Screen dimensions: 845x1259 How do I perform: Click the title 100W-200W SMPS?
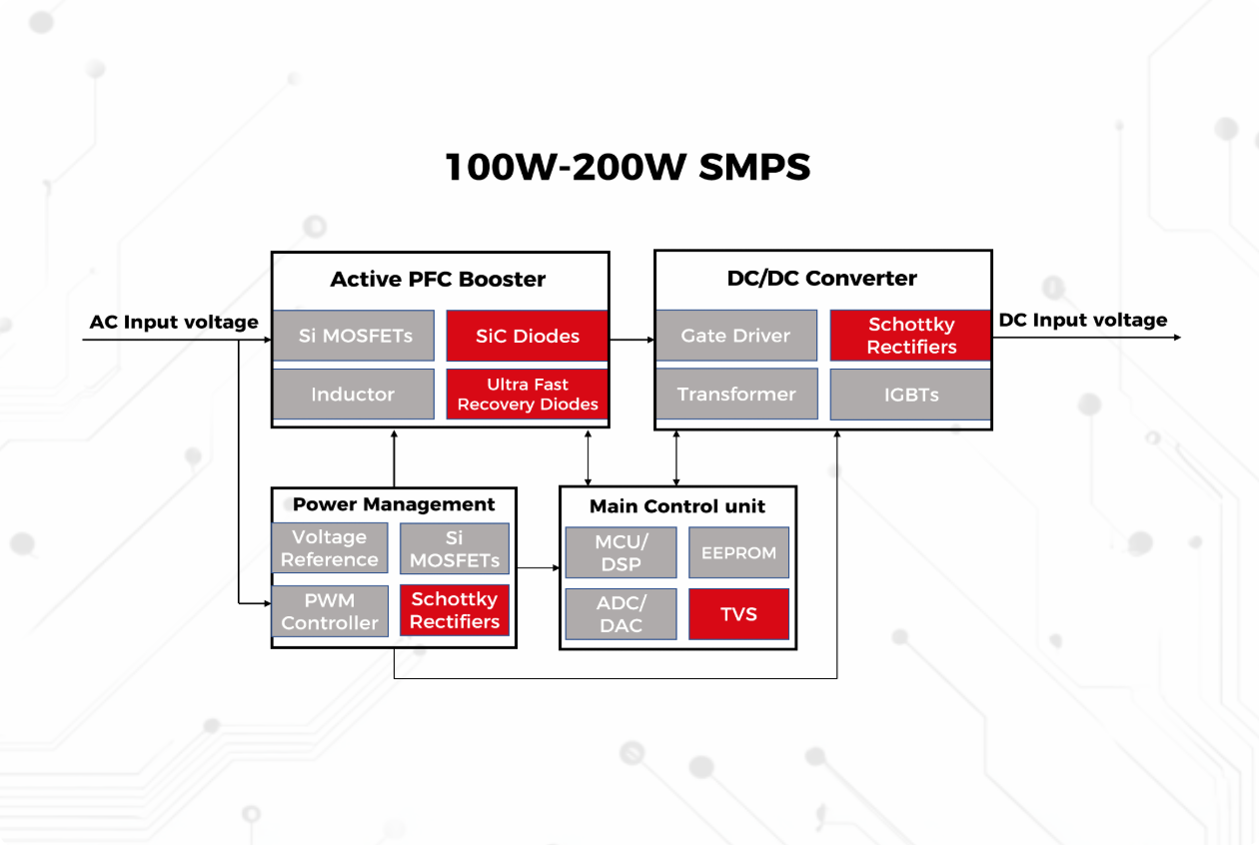[x=628, y=167]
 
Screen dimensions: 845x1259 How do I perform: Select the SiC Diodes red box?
[x=527, y=336]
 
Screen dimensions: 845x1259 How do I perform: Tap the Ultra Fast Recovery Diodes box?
[x=527, y=395]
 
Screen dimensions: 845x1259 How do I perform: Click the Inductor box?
[x=353, y=395]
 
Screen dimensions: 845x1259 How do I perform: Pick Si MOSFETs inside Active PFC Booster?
[x=353, y=336]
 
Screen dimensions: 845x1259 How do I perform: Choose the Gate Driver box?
[x=735, y=336]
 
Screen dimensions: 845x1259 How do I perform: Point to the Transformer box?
[x=735, y=395]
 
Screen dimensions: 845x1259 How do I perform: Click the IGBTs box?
[x=910, y=395]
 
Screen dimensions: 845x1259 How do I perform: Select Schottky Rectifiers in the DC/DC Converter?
[x=910, y=336]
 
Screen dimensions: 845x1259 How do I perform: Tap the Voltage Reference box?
[x=330, y=548]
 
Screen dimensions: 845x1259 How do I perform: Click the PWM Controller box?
[x=330, y=610]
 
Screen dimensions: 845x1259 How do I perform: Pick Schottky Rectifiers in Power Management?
[x=455, y=610]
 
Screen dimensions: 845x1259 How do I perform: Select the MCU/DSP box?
[x=620, y=553]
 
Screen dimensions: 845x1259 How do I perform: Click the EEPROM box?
[x=738, y=553]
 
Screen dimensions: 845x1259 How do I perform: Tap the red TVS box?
[x=738, y=614]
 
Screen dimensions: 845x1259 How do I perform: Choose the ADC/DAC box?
[x=620, y=614]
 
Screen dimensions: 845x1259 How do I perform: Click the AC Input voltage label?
[x=174, y=322]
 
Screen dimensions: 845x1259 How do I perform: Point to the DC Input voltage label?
[x=1083, y=320]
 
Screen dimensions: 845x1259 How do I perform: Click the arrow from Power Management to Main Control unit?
[x=538, y=568]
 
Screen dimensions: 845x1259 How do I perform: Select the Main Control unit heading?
[x=676, y=506]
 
